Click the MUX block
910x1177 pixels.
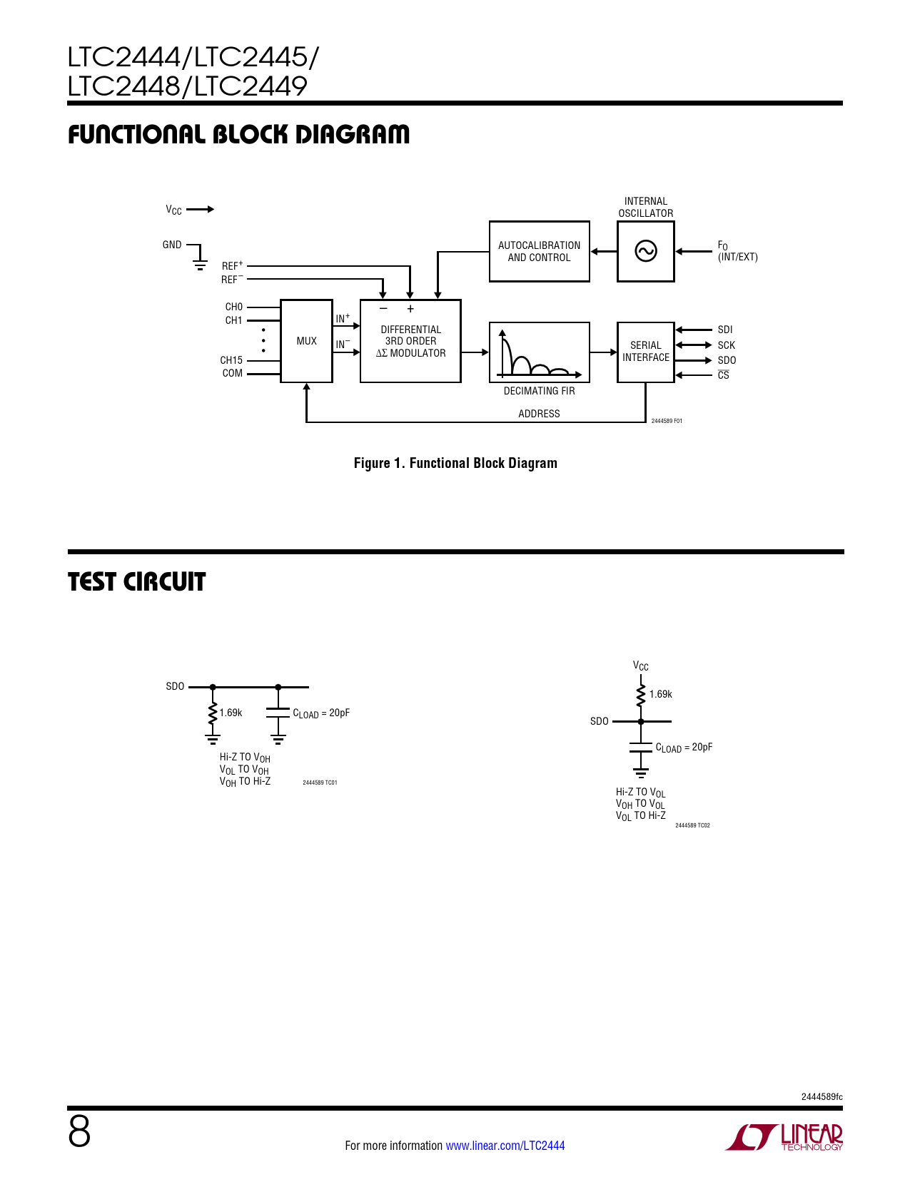pyautogui.click(x=306, y=341)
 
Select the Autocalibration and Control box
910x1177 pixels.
pyautogui.click(x=539, y=251)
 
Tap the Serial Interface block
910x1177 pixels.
pyautogui.click(x=645, y=352)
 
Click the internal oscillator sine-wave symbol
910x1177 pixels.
pyautogui.click(x=645, y=251)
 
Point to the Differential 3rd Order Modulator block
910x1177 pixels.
pyautogui.click(x=410, y=341)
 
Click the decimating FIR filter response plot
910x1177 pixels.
pyautogui.click(x=539, y=352)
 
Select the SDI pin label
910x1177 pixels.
pyautogui.click(x=725, y=330)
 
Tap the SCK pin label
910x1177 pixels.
pyautogui.click(x=726, y=345)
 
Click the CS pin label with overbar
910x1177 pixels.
pyautogui.click(x=723, y=375)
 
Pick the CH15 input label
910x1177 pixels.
pyautogui.click(x=231, y=360)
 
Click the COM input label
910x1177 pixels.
pyautogui.click(x=233, y=373)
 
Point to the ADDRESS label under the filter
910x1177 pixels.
pyautogui.click(x=539, y=414)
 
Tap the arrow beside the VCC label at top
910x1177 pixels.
pyautogui.click(x=201, y=209)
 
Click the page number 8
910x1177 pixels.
pyautogui.click(x=79, y=1131)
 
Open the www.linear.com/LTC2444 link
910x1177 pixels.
pyautogui.click(x=505, y=1146)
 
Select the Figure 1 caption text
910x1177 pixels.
pyautogui.click(x=455, y=463)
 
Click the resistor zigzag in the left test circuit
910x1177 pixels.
pyautogui.click(x=213, y=713)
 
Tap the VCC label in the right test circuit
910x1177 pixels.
pyautogui.click(x=640, y=666)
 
